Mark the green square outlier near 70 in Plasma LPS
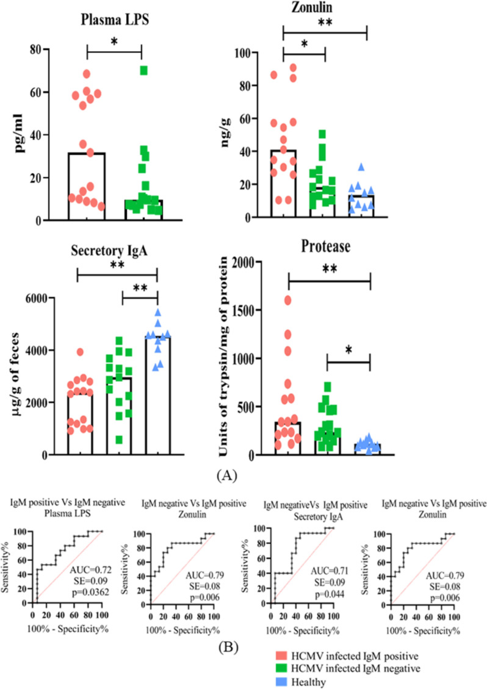[144, 70]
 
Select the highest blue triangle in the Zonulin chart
[361, 166]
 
